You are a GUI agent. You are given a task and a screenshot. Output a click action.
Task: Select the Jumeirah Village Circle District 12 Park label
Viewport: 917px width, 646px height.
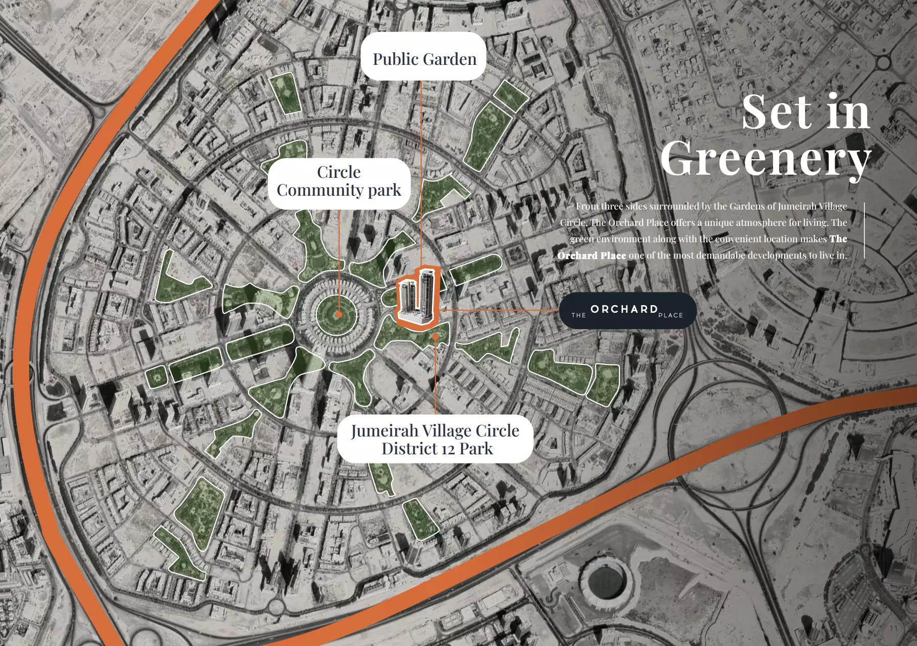pyautogui.click(x=435, y=439)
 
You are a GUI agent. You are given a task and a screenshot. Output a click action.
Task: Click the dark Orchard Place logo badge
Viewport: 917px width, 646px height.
pyautogui.click(x=627, y=311)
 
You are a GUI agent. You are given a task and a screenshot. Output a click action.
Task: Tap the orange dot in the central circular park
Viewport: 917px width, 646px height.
pyautogui.click(x=338, y=315)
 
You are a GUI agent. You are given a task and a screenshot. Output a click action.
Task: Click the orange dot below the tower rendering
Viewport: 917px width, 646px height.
pyautogui.click(x=435, y=337)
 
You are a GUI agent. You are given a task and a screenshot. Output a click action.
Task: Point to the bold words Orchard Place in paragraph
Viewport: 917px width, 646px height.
pyautogui.click(x=591, y=256)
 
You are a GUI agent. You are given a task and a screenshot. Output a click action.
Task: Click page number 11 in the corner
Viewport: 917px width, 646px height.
pyautogui.click(x=893, y=628)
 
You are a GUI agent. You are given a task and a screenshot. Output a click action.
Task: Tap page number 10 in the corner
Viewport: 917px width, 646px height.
pyautogui.click(x=20, y=627)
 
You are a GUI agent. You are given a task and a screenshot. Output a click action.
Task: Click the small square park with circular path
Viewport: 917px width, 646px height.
pyautogui.click(x=156, y=377)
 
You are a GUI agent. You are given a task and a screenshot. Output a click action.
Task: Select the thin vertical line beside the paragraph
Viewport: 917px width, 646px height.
pyautogui.click(x=864, y=230)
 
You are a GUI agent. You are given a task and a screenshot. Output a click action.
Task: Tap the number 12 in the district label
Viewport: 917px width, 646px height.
pyautogui.click(x=448, y=449)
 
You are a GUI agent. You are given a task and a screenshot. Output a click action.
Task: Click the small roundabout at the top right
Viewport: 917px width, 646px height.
pyautogui.click(x=883, y=63)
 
